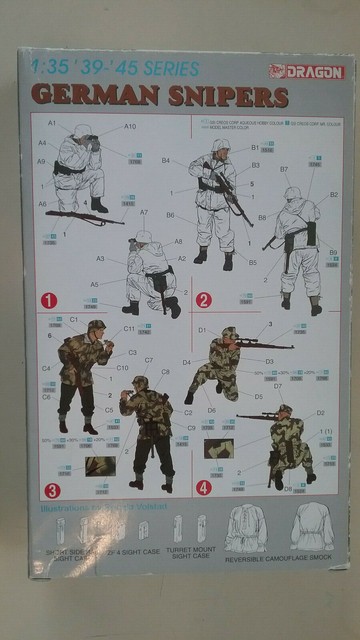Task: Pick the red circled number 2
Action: [203, 298]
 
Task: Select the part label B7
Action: [284, 169]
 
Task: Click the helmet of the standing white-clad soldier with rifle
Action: [220, 145]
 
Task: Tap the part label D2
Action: [320, 412]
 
